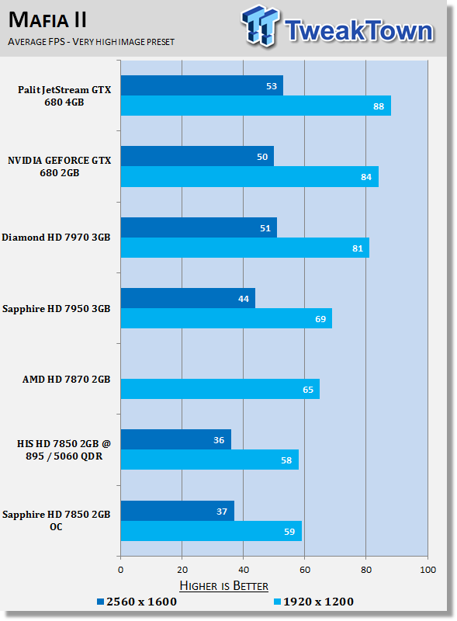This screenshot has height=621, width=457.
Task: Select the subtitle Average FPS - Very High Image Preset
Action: [x=92, y=41]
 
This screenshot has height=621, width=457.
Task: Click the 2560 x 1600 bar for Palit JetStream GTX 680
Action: [x=202, y=85]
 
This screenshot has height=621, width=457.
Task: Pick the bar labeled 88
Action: [x=255, y=106]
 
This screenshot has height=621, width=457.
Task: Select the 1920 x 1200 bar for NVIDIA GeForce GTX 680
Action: [x=249, y=177]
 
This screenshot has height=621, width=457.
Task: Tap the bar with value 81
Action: [x=244, y=248]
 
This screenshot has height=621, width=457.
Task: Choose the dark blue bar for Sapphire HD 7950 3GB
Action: [x=188, y=299]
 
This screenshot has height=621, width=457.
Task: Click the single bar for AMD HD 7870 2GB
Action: [x=220, y=390]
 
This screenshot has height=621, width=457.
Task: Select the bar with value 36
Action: [x=175, y=440]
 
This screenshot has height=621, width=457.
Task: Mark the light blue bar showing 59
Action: [x=211, y=532]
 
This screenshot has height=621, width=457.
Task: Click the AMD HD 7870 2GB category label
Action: [x=67, y=380]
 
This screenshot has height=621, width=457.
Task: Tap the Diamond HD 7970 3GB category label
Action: [x=57, y=238]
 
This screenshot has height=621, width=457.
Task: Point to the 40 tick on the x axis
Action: [x=243, y=571]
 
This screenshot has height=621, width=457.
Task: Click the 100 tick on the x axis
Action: [x=427, y=571]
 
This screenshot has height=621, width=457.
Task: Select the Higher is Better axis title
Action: [x=223, y=585]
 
